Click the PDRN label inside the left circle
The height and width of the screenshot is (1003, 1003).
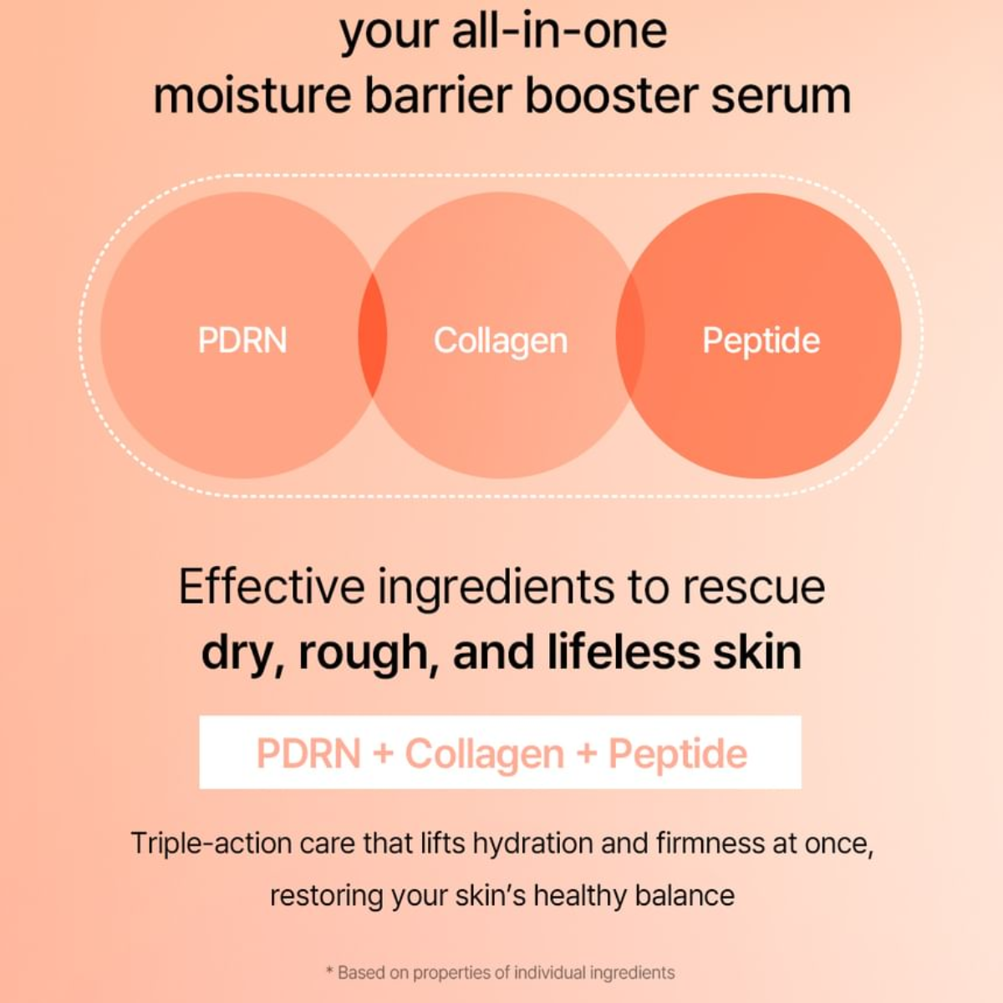point(242,340)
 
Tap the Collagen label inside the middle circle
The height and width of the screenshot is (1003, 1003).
point(500,341)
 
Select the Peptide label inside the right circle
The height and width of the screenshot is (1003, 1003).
point(761,340)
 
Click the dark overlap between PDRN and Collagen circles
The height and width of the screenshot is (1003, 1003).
point(373,335)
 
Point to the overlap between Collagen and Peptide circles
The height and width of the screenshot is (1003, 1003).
point(630,335)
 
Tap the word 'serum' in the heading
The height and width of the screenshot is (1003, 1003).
point(782,95)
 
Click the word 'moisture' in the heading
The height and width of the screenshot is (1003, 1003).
point(252,95)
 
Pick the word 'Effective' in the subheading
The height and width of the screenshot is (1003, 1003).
point(272,587)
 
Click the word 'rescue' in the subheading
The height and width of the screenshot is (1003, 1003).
point(754,587)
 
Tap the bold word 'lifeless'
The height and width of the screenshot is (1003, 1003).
point(624,652)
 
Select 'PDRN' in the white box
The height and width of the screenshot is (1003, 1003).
point(308,753)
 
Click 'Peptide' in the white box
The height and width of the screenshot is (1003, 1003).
point(678,753)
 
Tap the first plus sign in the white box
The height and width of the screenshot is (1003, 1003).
point(383,753)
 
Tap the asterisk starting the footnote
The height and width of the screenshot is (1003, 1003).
point(329,971)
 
